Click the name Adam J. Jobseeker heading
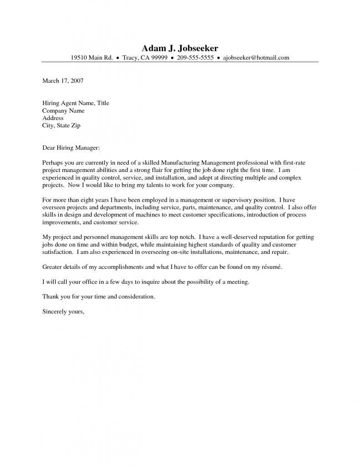180,48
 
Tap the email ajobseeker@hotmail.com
256,58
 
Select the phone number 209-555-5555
195,58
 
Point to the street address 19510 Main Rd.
91,58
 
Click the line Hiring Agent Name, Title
76,103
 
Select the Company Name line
63,111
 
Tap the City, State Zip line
61,125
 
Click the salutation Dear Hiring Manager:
71,147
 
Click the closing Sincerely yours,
63,312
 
